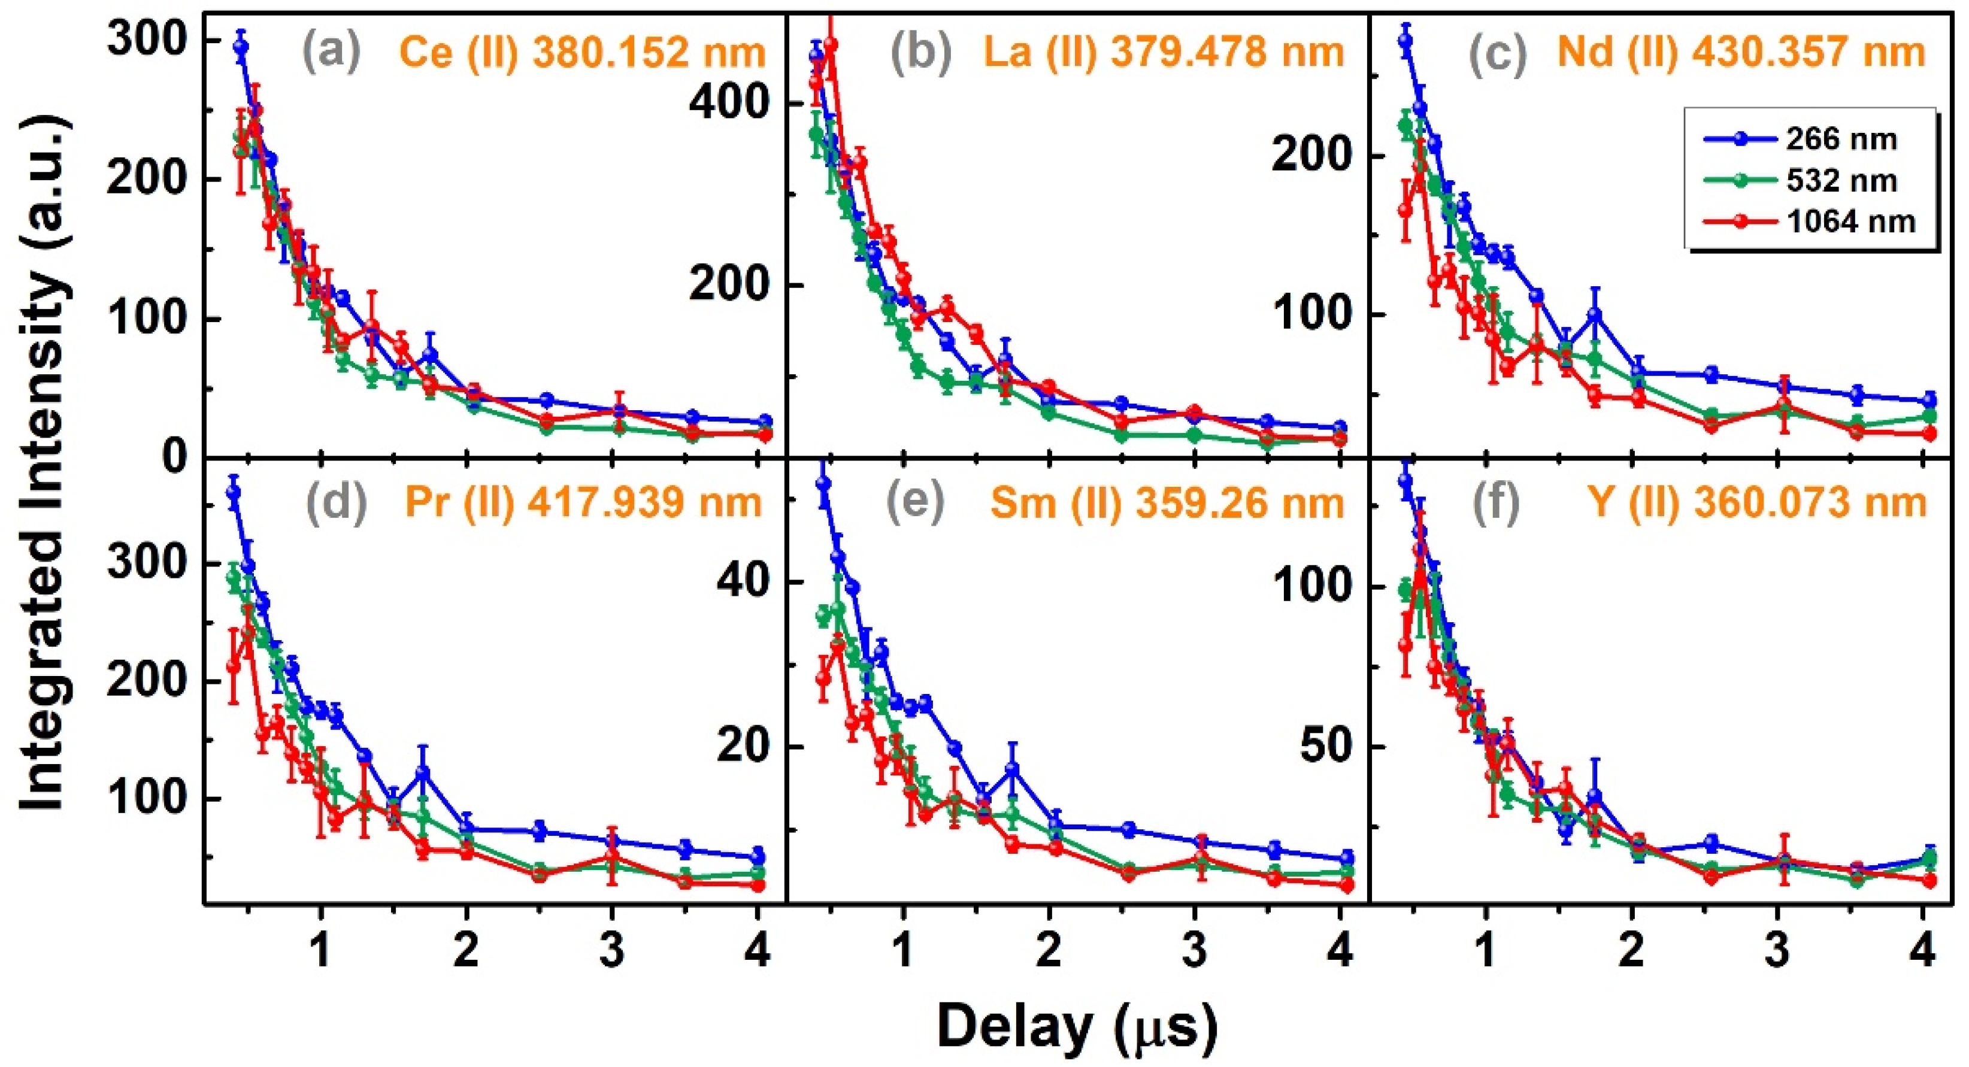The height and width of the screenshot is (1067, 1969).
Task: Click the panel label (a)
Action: click(331, 52)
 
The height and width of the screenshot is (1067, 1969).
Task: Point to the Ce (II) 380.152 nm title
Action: click(581, 53)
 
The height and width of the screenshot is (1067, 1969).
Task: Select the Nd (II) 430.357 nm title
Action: click(1742, 53)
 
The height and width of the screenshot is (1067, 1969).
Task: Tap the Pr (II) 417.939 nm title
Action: click(583, 502)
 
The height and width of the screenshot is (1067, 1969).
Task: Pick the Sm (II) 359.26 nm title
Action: click(1167, 503)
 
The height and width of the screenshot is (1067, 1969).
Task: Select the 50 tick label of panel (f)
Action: click(1326, 745)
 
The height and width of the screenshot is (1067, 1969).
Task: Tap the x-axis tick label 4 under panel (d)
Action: click(757, 951)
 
